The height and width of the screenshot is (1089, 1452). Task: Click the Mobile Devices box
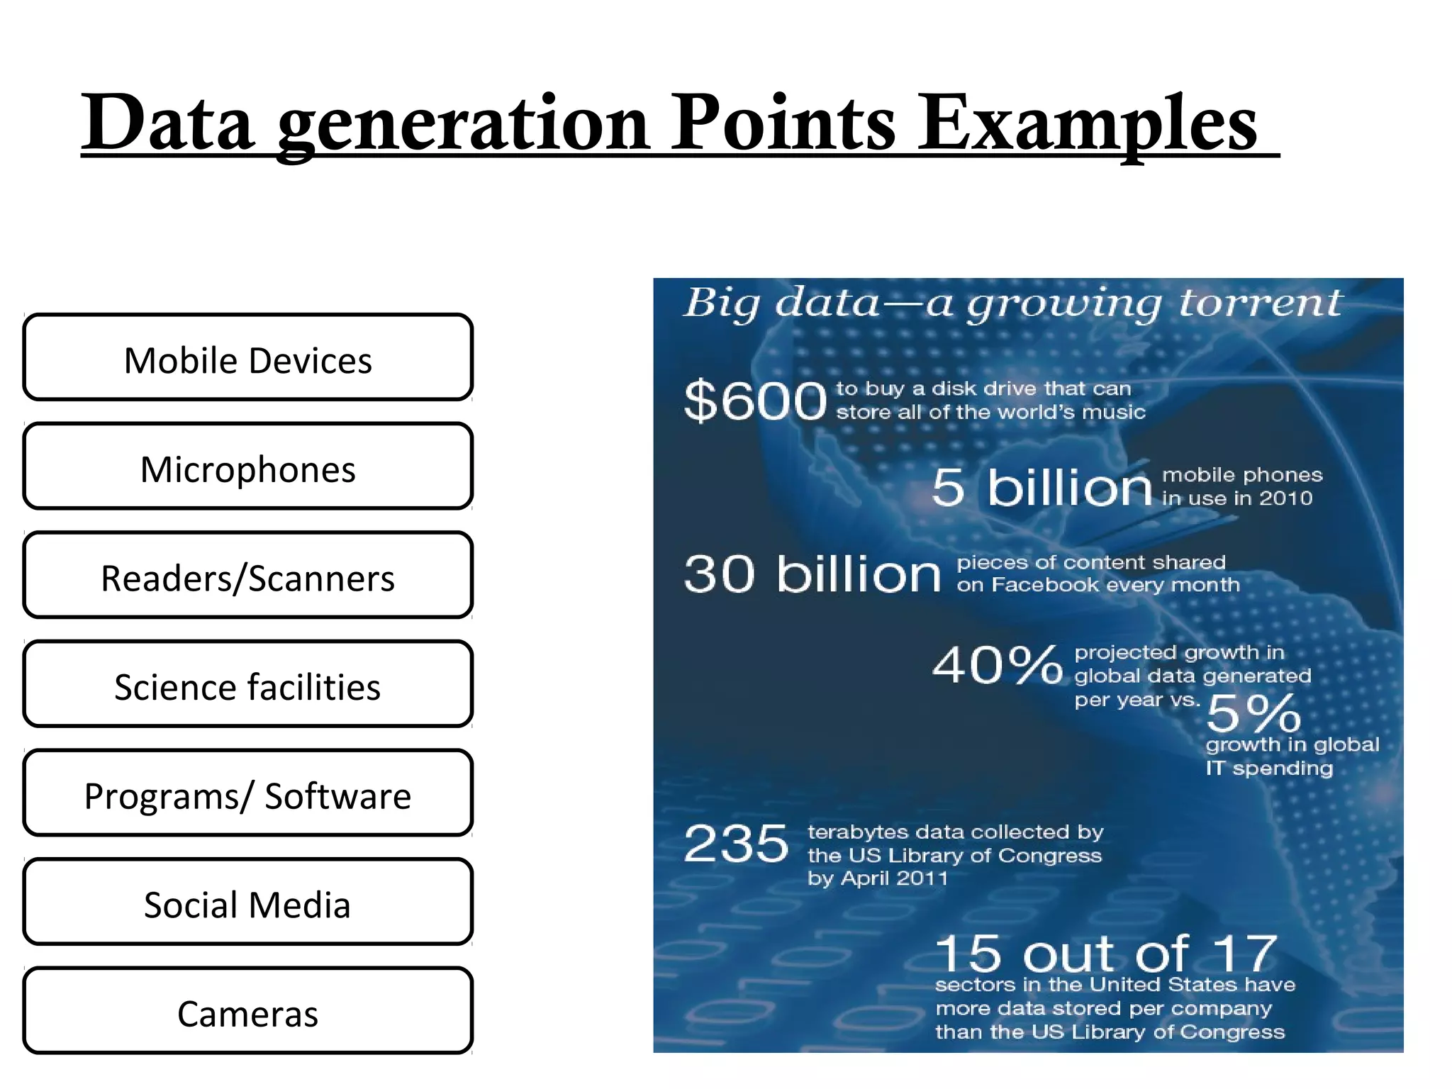click(x=247, y=358)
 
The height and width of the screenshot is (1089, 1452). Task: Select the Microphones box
click(x=247, y=467)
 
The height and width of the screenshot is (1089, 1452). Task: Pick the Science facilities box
click(x=247, y=685)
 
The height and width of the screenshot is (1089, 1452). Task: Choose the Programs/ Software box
click(x=247, y=794)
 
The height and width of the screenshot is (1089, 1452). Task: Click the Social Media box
click(x=247, y=903)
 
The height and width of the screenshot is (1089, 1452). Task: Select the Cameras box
click(x=247, y=1012)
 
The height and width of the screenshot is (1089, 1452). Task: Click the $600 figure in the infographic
click(x=755, y=401)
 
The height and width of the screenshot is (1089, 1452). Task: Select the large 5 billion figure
click(x=1041, y=488)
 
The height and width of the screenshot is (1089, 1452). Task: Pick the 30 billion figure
click(x=812, y=574)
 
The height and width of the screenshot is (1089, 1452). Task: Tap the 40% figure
click(x=998, y=665)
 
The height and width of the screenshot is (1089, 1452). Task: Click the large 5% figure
click(x=1253, y=713)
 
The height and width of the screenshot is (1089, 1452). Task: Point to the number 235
click(x=736, y=844)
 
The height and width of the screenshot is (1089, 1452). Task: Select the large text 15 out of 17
click(x=1106, y=954)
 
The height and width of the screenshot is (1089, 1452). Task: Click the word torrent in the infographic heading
click(x=1261, y=303)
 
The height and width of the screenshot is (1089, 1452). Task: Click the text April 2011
click(x=893, y=879)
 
